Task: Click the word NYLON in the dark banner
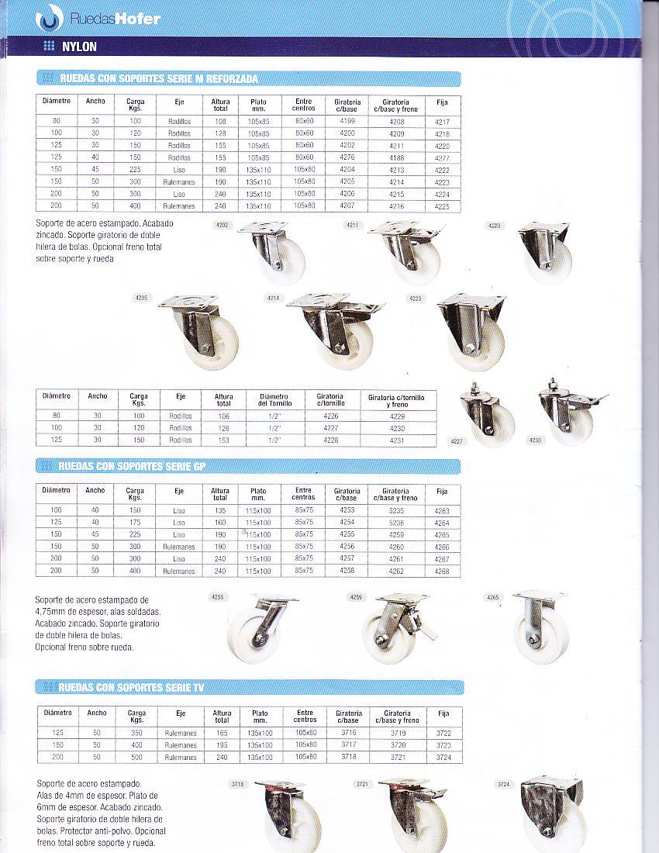[80, 47]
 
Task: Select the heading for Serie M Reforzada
[159, 79]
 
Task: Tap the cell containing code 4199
[347, 122]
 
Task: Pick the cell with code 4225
[442, 206]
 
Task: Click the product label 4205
[141, 298]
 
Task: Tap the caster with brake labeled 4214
[336, 330]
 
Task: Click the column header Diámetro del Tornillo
[274, 399]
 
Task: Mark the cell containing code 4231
[399, 440]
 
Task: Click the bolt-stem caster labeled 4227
[487, 415]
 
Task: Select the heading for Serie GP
[132, 466]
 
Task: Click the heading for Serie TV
[132, 687]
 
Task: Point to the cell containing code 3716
[349, 733]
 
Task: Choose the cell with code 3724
[443, 758]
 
